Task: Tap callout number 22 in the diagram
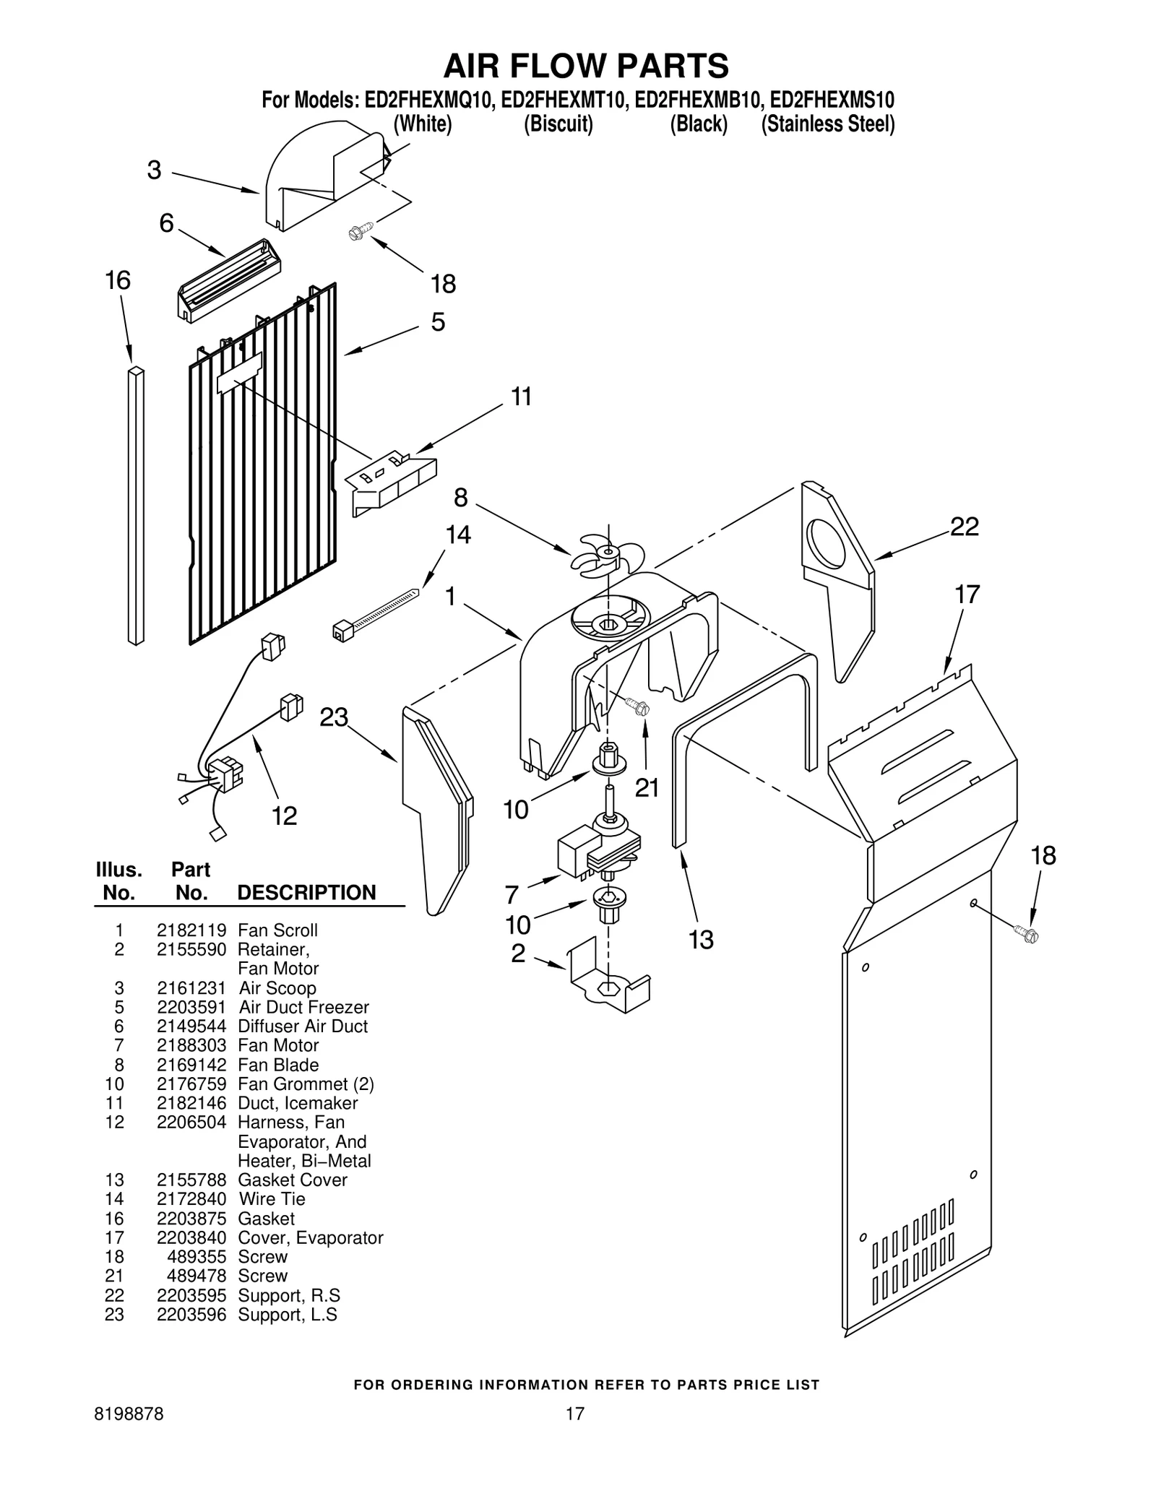(x=964, y=527)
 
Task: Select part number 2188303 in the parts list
(x=191, y=1045)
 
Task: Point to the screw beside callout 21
(x=638, y=706)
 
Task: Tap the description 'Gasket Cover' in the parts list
(x=292, y=1180)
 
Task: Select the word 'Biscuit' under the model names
(x=558, y=124)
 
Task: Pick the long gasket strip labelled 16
(x=136, y=506)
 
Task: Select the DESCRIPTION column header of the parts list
(x=306, y=892)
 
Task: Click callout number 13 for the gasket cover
(x=700, y=939)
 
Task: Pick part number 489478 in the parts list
(x=197, y=1276)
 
